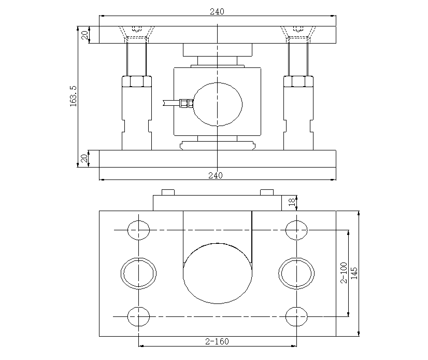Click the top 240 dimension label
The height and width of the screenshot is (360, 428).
[x=217, y=11]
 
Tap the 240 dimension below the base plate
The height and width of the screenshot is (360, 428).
[x=216, y=175]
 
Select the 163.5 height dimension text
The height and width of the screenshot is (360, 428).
[x=74, y=96]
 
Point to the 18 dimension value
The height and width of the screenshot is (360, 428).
[x=292, y=202]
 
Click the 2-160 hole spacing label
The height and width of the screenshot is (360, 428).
[x=217, y=341]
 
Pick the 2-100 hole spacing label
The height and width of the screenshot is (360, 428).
[x=344, y=273]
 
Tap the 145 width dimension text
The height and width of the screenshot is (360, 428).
[x=354, y=273]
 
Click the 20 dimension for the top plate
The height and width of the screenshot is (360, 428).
[x=85, y=35]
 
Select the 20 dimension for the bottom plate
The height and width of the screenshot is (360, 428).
[x=84, y=159]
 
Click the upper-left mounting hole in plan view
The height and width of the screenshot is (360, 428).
[x=139, y=230]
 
